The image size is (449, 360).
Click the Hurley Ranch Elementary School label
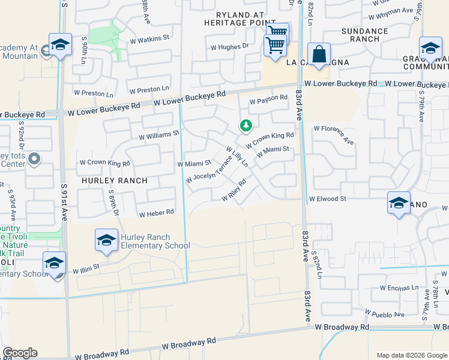155,241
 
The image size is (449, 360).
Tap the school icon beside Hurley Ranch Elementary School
106,241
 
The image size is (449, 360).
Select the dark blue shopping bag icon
319,54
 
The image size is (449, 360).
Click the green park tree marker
245,125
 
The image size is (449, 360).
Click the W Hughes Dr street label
229,46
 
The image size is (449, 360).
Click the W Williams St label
159,136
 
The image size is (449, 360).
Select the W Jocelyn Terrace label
208,170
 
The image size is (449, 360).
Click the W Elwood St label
328,199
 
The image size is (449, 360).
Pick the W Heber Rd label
156,213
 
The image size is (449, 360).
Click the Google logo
20,353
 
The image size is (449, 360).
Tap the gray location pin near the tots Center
35,159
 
